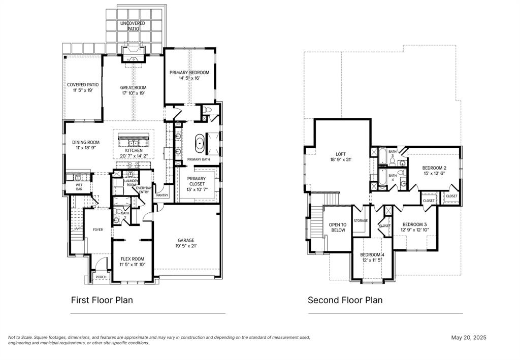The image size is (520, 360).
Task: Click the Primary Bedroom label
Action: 189,73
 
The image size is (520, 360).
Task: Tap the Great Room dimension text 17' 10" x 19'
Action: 133,93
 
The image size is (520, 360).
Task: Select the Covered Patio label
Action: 83,85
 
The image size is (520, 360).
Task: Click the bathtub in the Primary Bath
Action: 200,144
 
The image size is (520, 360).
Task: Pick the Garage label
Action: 186,240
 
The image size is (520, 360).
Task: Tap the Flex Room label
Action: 133,259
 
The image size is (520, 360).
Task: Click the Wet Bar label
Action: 79,187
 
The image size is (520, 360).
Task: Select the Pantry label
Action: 162,195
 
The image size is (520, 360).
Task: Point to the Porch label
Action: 101,277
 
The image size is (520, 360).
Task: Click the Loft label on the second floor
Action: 340,154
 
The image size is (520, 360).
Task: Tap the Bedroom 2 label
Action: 434,168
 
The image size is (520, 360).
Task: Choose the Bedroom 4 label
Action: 372,254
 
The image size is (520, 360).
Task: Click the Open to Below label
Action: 338,227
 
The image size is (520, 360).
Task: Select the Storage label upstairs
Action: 361,221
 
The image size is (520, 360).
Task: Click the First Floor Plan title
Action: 102,300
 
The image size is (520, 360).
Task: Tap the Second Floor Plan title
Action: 345,300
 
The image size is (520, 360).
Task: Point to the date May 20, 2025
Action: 469,338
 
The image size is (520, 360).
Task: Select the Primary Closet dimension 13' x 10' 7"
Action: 197,189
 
